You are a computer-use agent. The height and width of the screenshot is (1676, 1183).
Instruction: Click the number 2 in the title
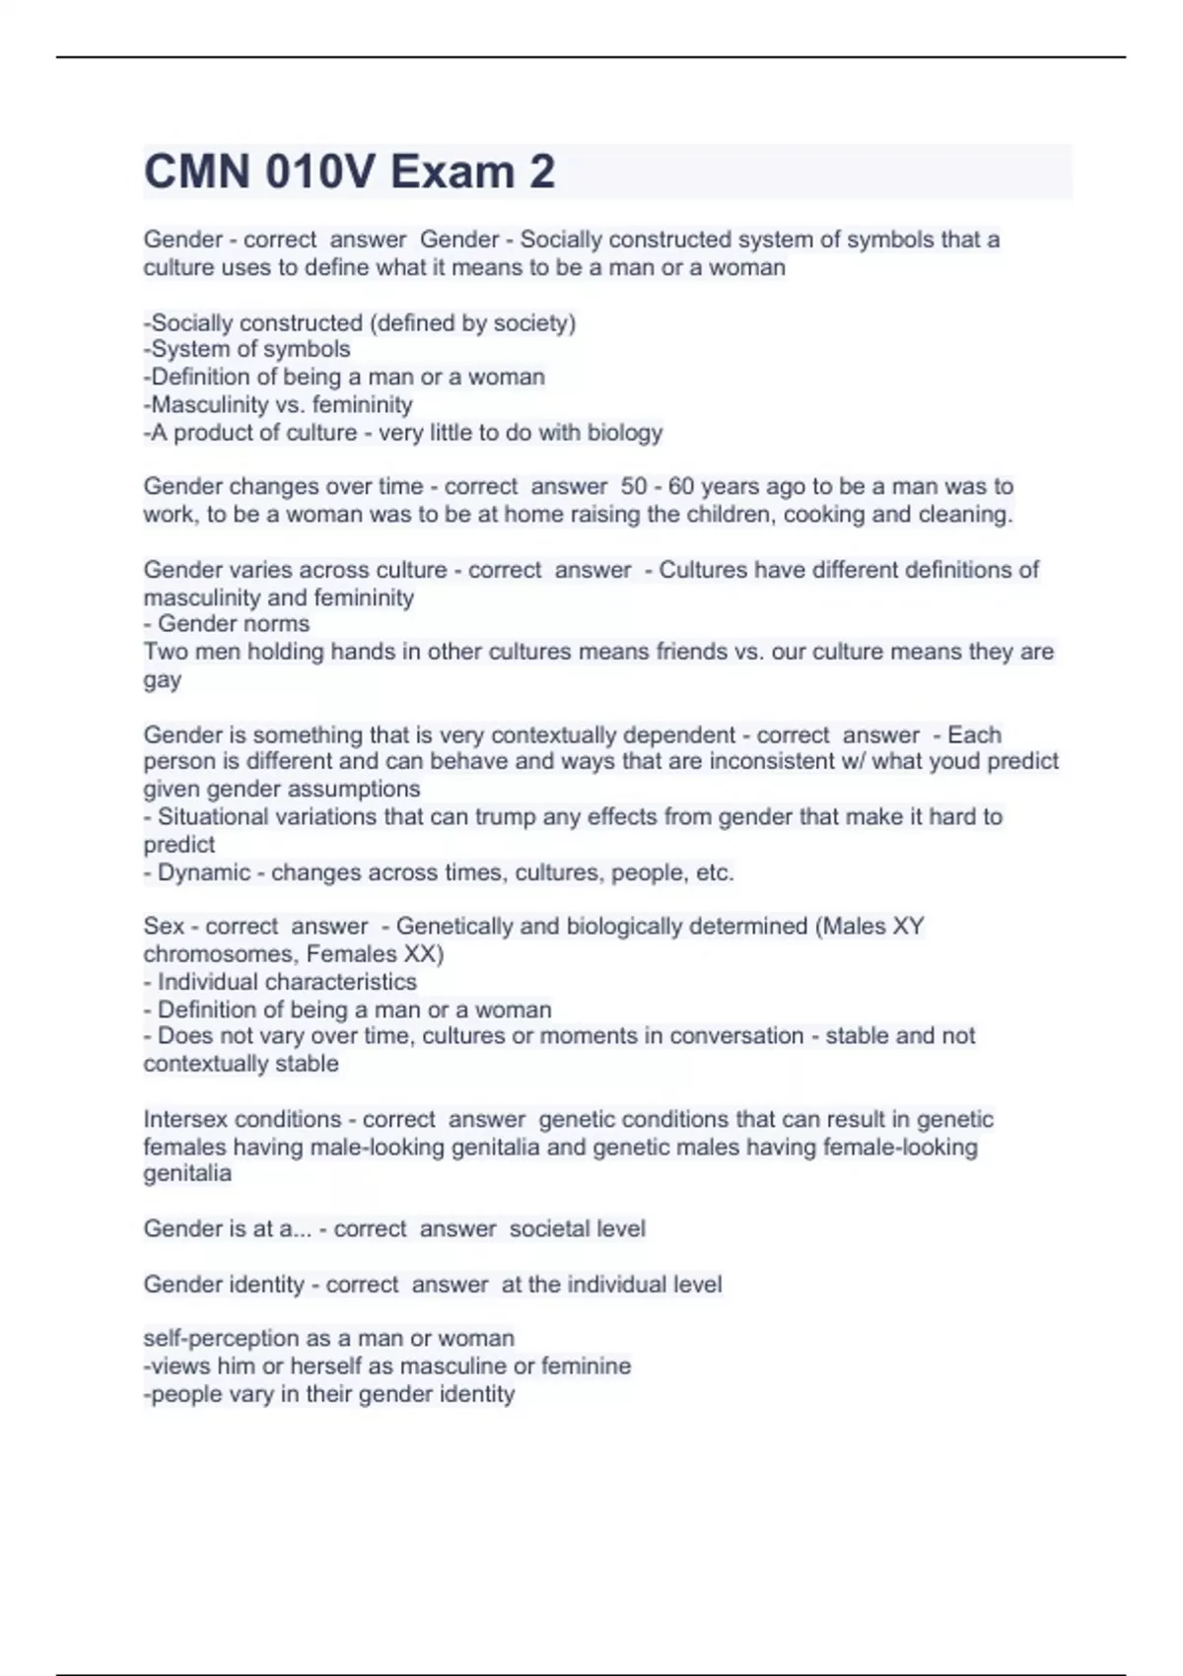pyautogui.click(x=541, y=172)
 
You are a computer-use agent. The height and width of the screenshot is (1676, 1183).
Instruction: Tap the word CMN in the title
pyautogui.click(x=197, y=172)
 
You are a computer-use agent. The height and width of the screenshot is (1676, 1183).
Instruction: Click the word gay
pyautogui.click(x=163, y=681)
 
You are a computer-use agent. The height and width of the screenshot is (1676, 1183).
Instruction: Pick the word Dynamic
pyautogui.click(x=204, y=873)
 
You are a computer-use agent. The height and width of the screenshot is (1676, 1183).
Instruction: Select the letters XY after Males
pyautogui.click(x=907, y=927)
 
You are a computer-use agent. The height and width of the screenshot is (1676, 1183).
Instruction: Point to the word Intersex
pyautogui.click(x=185, y=1120)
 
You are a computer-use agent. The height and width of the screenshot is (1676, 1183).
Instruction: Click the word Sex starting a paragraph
pyautogui.click(x=164, y=927)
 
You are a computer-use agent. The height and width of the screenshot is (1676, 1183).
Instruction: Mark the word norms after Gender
pyautogui.click(x=279, y=624)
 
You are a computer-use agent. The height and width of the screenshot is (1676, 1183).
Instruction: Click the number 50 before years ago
pyautogui.click(x=634, y=487)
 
